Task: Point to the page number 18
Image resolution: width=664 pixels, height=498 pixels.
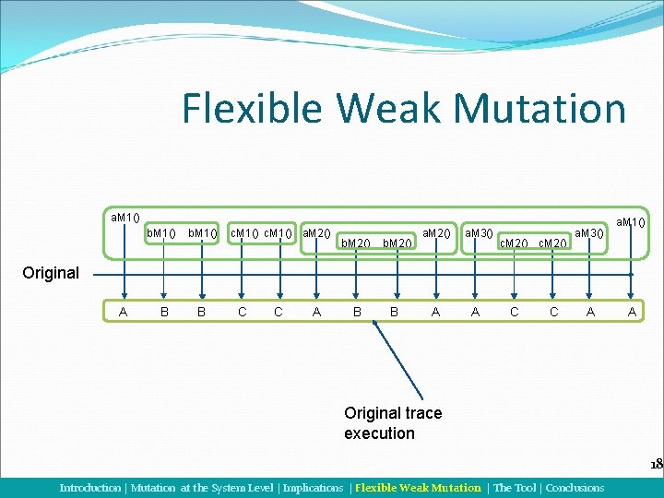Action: coord(656,464)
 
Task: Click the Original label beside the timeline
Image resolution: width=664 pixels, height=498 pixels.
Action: coord(51,274)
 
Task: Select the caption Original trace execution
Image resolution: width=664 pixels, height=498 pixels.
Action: coord(392,423)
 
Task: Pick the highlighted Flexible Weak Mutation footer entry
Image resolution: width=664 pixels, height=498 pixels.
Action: coord(418,488)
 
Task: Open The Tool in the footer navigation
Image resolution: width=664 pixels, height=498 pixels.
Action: coord(515,488)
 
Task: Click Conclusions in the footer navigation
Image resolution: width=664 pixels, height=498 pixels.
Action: coord(575,488)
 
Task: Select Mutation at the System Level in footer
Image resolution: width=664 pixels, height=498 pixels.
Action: coord(202,488)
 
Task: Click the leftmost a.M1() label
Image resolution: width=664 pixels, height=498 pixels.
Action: coord(125,218)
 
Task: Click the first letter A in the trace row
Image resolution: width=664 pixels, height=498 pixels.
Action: coord(124,312)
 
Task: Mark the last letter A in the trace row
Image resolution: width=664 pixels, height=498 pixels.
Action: coord(632,312)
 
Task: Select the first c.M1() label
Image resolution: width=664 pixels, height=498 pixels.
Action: coord(243,232)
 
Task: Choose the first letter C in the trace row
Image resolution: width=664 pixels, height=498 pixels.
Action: coord(243,312)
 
